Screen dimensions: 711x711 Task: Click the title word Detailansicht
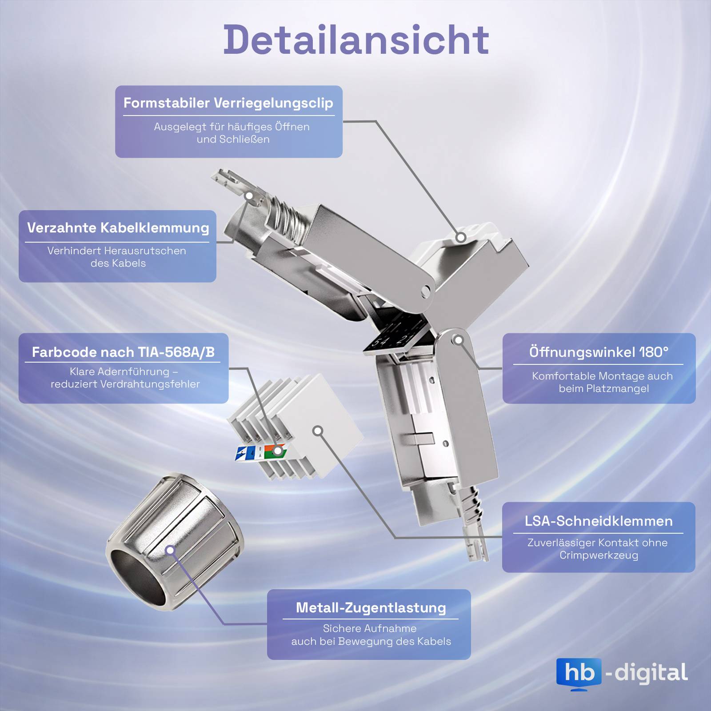click(x=356, y=40)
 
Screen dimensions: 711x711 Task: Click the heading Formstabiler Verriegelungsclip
click(x=228, y=103)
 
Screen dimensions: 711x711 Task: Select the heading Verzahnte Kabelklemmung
click(x=118, y=228)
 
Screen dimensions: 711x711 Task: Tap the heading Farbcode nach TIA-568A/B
click(x=123, y=352)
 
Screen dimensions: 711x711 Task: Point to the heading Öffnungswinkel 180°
click(x=599, y=352)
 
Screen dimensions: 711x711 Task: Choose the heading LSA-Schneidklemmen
click(x=599, y=521)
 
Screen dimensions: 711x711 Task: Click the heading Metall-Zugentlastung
click(x=371, y=608)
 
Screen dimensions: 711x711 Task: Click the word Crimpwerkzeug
click(x=599, y=555)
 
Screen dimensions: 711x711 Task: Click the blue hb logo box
click(x=579, y=673)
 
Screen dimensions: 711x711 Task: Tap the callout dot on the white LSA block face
click(x=317, y=431)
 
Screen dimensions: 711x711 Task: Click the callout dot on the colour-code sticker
click(x=277, y=451)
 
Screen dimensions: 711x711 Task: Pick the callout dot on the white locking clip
click(x=461, y=237)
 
